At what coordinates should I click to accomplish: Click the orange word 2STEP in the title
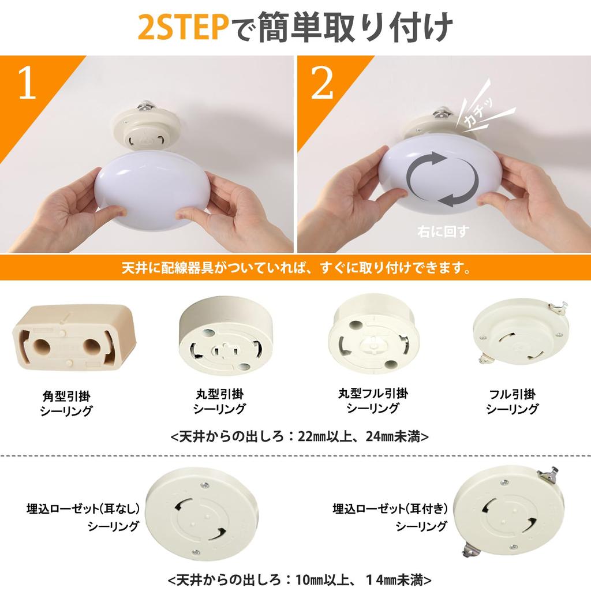point(185,27)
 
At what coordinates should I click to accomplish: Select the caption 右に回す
point(443,231)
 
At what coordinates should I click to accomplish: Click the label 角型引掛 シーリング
point(66,403)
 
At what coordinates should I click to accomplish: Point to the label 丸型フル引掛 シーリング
point(372,401)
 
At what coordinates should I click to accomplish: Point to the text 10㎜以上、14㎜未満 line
point(300,579)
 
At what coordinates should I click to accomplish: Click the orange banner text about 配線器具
point(295,268)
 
